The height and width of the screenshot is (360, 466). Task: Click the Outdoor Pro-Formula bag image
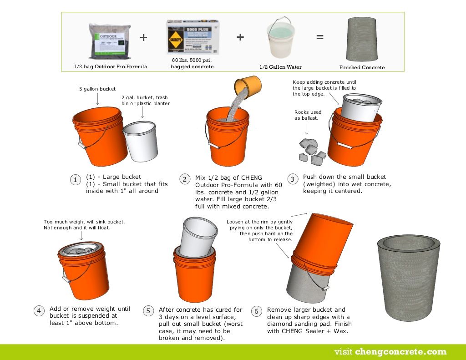tap(109, 41)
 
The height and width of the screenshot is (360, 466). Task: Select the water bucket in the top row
tap(280, 39)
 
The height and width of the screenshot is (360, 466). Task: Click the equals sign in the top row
tap(320, 37)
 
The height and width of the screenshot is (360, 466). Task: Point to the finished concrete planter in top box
tap(362, 40)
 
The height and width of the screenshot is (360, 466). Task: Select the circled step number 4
tap(39, 311)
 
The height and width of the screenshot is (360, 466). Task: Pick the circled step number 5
tap(148, 311)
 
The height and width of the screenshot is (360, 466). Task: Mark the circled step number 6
tap(257, 311)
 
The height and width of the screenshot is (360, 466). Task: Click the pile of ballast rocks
tap(312, 150)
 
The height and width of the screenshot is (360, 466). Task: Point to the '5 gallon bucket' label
tap(97, 89)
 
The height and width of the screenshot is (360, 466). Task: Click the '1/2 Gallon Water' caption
tap(280, 67)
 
